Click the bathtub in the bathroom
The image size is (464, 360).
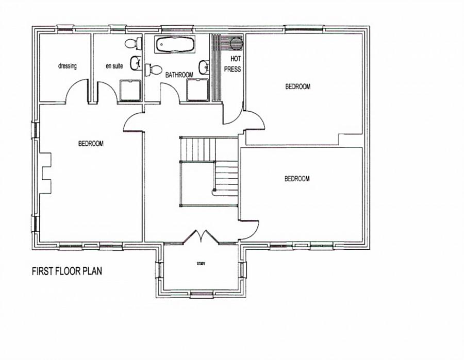[x=175, y=45]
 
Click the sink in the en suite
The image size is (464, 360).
[x=136, y=63]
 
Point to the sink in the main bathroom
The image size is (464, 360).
[x=204, y=66]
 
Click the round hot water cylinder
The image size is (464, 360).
[x=236, y=42]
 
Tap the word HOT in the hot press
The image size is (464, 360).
[x=236, y=59]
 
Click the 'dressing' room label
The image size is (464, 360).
[x=67, y=66]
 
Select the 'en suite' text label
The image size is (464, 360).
[x=114, y=66]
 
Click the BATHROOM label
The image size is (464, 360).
[x=179, y=75]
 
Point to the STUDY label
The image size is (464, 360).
[x=201, y=264]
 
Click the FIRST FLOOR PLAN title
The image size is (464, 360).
[x=67, y=271]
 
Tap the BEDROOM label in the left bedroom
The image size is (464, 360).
[x=91, y=144]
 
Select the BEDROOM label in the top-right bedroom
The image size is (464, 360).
[x=298, y=87]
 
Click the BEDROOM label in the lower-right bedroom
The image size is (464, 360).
[x=297, y=179]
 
